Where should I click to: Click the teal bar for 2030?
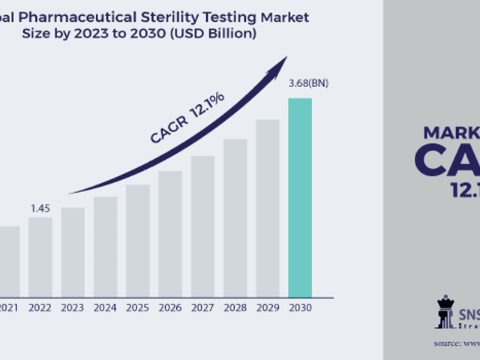coord(300,196)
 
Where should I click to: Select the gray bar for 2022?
coord(40,256)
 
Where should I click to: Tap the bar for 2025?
coord(138,240)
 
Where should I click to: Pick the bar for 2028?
coord(235,217)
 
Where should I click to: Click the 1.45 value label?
coord(40,208)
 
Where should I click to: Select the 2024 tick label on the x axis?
coord(105,307)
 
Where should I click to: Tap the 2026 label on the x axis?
coord(170,307)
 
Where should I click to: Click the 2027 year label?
coord(202,307)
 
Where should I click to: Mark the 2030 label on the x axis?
coord(300,307)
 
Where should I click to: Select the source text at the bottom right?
coord(456,343)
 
